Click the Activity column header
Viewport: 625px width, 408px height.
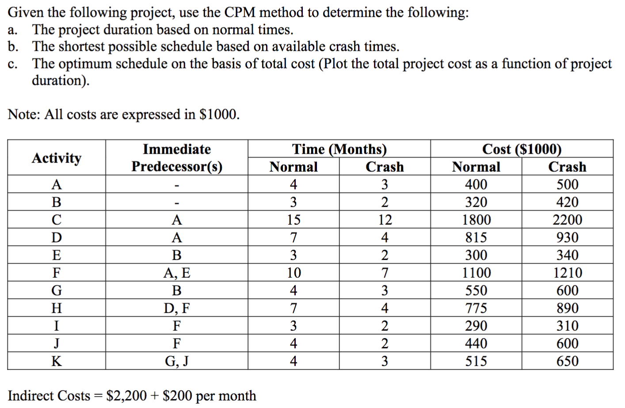(x=57, y=158)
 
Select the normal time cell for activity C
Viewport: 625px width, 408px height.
(x=293, y=219)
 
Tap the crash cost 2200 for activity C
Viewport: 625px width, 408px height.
(x=567, y=219)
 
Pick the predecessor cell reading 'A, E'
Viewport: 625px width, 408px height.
(x=177, y=272)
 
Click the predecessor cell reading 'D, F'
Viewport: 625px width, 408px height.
(x=177, y=308)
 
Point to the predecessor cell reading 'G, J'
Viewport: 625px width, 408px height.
(x=177, y=361)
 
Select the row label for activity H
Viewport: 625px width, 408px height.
(x=57, y=308)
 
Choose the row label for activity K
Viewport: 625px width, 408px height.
(x=57, y=361)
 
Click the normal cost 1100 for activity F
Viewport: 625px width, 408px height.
(x=476, y=272)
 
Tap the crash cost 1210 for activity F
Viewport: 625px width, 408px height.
(x=567, y=272)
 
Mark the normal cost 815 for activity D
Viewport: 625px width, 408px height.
(x=476, y=237)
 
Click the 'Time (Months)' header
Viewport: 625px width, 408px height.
(x=339, y=149)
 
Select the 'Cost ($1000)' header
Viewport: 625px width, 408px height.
(x=522, y=149)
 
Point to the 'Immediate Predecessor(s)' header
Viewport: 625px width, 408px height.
(x=177, y=158)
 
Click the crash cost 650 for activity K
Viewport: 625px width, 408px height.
(x=567, y=361)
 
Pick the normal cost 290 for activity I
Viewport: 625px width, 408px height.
(x=476, y=325)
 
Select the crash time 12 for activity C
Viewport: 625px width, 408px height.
(x=385, y=219)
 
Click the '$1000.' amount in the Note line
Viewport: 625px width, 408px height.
(x=219, y=114)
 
